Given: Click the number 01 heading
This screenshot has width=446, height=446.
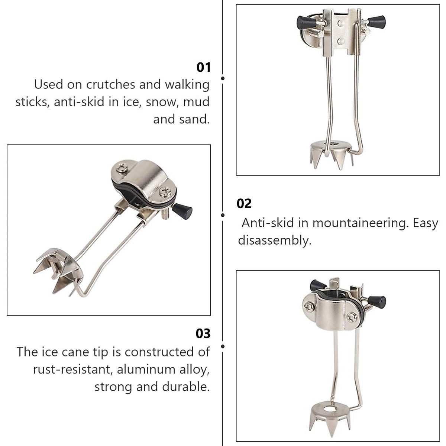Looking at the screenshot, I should click(203, 67).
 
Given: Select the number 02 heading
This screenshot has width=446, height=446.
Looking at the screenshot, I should click(244, 203).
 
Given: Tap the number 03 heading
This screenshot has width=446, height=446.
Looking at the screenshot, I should click(203, 333).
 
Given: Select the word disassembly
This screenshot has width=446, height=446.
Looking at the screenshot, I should click(274, 240).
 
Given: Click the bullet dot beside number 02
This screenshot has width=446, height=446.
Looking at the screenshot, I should click(223, 215).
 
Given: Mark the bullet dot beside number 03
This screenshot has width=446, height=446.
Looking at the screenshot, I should click(223, 346).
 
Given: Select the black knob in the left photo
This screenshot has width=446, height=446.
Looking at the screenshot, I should click(184, 211).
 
